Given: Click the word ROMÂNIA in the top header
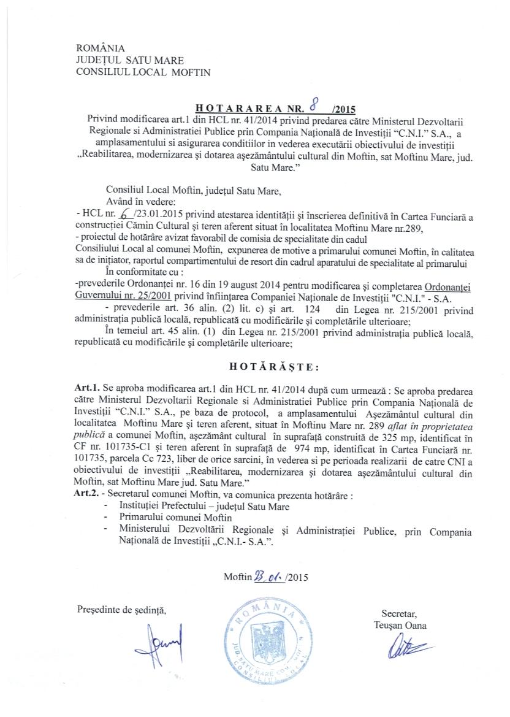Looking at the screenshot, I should [x=100, y=48].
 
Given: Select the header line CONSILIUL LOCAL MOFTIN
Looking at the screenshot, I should [x=142, y=72].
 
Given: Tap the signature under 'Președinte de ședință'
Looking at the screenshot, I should [x=159, y=643].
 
